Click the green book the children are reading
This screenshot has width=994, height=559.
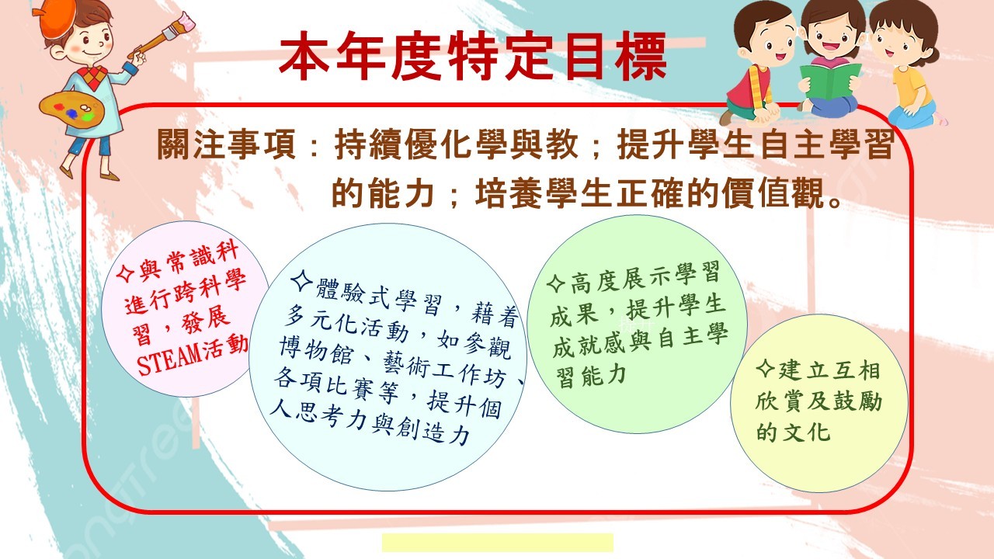(x=830, y=80)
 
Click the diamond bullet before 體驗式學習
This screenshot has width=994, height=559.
(x=302, y=280)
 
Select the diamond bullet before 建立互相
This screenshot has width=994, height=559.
(x=766, y=368)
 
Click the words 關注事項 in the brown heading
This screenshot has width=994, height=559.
(x=226, y=144)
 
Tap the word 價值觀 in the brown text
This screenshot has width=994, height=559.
(x=773, y=193)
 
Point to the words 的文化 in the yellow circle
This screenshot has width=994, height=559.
(x=793, y=431)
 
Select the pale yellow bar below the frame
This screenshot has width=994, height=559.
(x=498, y=543)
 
